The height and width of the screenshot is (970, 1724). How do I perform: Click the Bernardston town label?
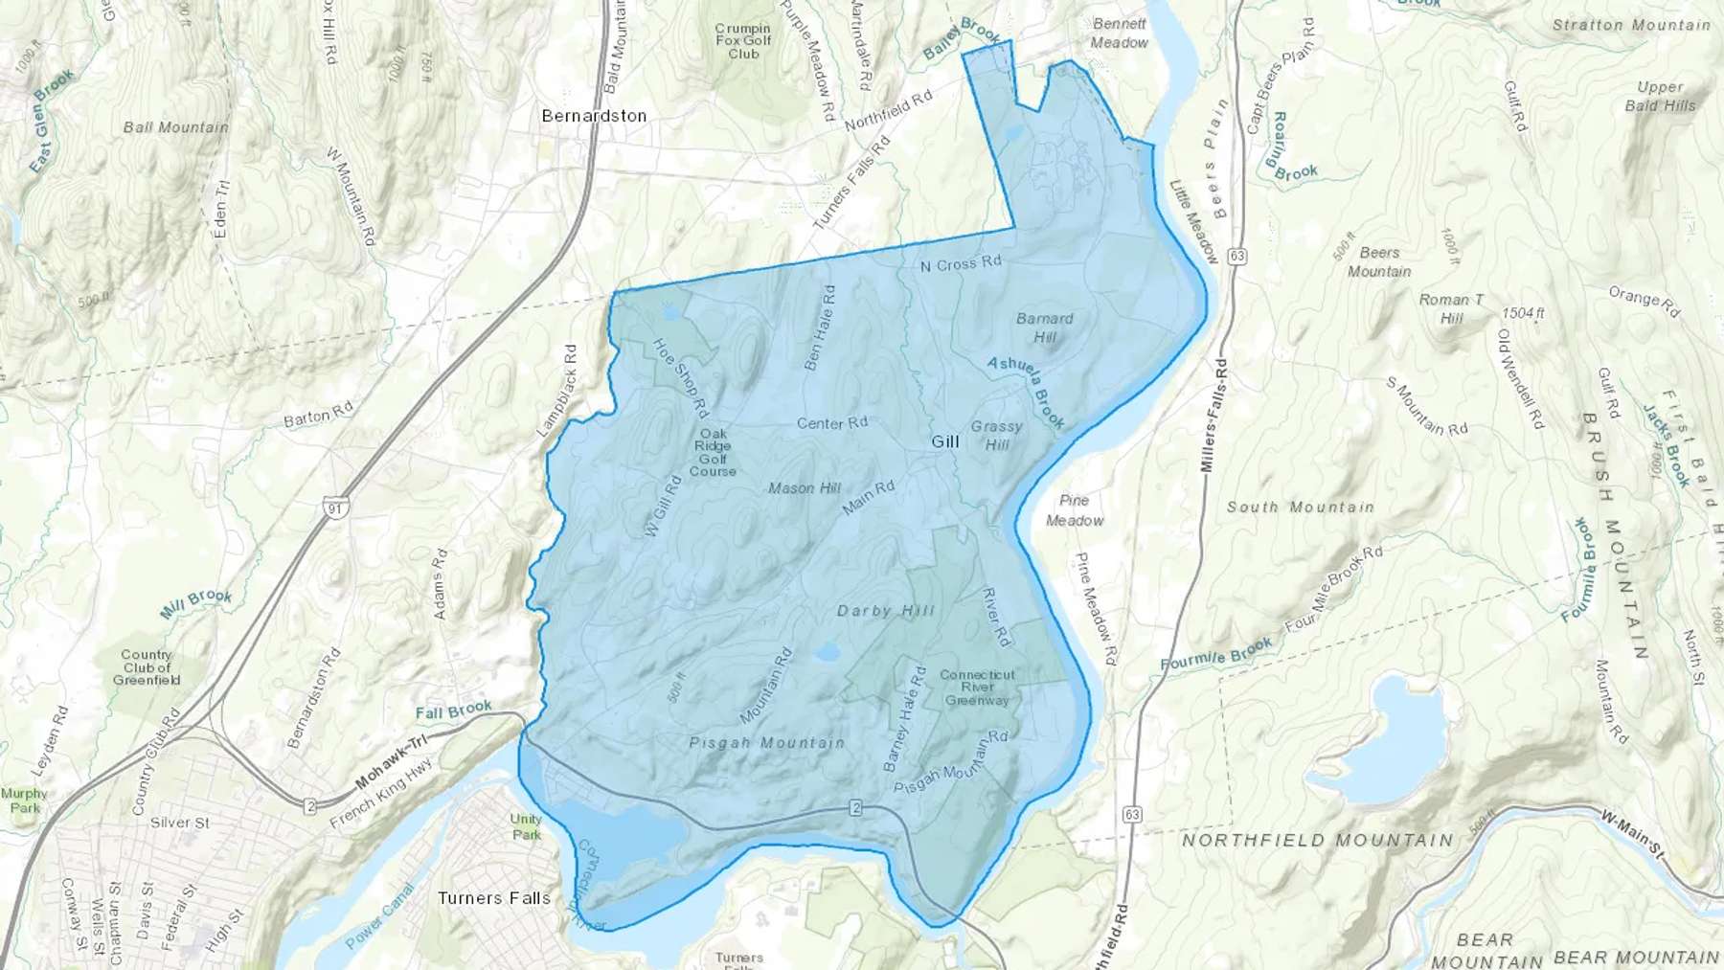pyautogui.click(x=594, y=116)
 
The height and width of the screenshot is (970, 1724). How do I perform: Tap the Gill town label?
pyautogui.click(x=945, y=441)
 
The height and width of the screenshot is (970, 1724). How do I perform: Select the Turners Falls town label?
pyautogui.click(x=494, y=898)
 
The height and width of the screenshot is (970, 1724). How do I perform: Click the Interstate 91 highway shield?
pyautogui.click(x=335, y=509)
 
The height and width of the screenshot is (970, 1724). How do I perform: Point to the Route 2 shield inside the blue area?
pyautogui.click(x=855, y=808)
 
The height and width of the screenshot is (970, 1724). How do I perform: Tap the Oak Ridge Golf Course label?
pyautogui.click(x=713, y=452)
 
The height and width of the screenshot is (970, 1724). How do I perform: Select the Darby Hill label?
pyautogui.click(x=886, y=611)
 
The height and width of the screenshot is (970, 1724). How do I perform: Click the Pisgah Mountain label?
pyautogui.click(x=766, y=742)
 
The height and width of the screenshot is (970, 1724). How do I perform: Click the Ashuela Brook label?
pyautogui.click(x=1027, y=392)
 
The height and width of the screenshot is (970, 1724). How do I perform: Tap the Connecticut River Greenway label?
pyautogui.click(x=977, y=688)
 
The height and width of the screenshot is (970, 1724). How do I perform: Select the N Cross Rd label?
pyautogui.click(x=961, y=263)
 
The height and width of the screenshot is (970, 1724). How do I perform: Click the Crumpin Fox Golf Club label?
pyautogui.click(x=743, y=41)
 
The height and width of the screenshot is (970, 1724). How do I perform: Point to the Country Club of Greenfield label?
pyautogui.click(x=147, y=667)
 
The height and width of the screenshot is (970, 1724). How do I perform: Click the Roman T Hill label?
pyautogui.click(x=1452, y=308)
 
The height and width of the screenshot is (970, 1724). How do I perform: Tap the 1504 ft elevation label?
pyautogui.click(x=1524, y=313)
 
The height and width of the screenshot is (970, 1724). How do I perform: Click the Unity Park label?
pyautogui.click(x=526, y=826)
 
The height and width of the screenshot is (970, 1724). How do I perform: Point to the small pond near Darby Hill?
pyautogui.click(x=826, y=653)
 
